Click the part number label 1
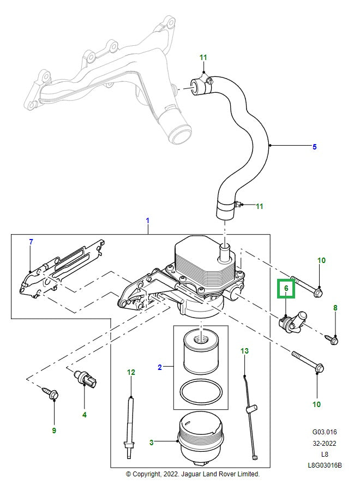(147, 220)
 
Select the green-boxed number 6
(286, 289)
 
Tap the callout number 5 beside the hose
(314, 147)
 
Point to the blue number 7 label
(31, 242)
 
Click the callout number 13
(244, 350)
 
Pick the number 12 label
(131, 373)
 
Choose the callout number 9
(54, 431)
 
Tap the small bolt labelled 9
(52, 394)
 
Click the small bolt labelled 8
(334, 340)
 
